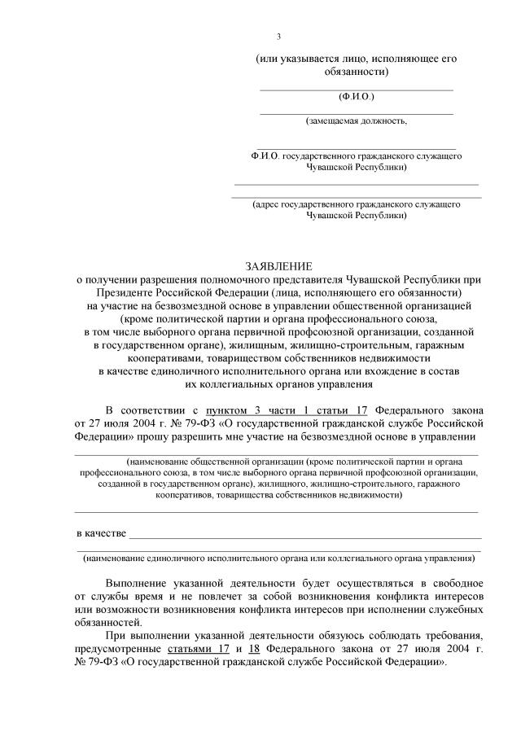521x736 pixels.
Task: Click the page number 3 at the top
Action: (278, 36)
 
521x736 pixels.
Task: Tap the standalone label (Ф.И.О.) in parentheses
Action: (357, 97)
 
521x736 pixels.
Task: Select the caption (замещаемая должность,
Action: (357, 121)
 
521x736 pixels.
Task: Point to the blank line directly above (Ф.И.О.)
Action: (357, 88)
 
